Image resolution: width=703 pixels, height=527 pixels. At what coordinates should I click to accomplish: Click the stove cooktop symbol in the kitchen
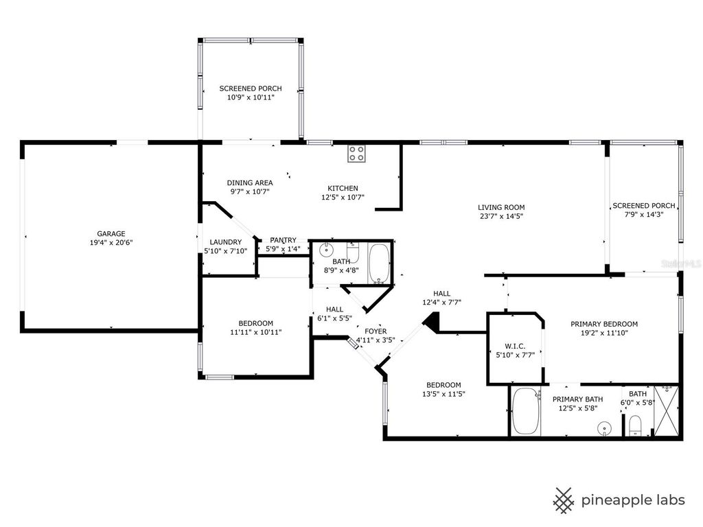pyautogui.click(x=356, y=154)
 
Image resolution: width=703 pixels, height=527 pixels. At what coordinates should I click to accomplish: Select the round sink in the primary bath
pyautogui.click(x=604, y=428)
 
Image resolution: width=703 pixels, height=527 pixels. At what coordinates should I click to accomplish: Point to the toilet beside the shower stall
pyautogui.click(x=636, y=425)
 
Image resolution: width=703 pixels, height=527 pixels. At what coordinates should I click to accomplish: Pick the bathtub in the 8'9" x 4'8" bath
pyautogui.click(x=379, y=263)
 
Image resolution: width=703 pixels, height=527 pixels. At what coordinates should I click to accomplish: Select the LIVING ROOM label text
pyautogui.click(x=501, y=207)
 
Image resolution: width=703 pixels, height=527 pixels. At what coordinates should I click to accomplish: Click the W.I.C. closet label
pyautogui.click(x=515, y=346)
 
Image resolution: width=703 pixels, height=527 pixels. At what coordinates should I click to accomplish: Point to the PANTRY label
pyautogui.click(x=283, y=239)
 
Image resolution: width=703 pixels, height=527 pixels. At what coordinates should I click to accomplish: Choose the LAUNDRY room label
pyautogui.click(x=225, y=242)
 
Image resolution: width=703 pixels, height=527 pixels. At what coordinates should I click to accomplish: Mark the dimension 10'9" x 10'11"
pyautogui.click(x=250, y=97)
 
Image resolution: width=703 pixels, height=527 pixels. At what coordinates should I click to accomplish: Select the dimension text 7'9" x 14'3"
pyautogui.click(x=643, y=215)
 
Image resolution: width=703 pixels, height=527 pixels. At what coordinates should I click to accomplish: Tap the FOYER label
pyautogui.click(x=376, y=331)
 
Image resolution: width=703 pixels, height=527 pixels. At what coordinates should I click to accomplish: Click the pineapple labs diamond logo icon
pyautogui.click(x=564, y=500)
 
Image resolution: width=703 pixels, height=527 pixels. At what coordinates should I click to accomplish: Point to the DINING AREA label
pyautogui.click(x=250, y=183)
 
